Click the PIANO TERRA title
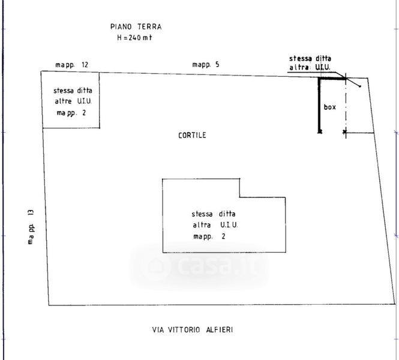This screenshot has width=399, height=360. coord(136,26)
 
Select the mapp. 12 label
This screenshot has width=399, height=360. coord(71,64)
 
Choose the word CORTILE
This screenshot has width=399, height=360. coord(192,136)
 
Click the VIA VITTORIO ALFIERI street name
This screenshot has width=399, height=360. coord(197,330)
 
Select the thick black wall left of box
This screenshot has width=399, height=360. coord(319,105)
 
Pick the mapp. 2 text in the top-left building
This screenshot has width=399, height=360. coord(71,112)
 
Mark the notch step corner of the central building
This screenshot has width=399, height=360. coord(240,197)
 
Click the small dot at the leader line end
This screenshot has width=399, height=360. coord(359,86)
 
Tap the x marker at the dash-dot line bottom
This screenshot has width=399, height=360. coord(344,131)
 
